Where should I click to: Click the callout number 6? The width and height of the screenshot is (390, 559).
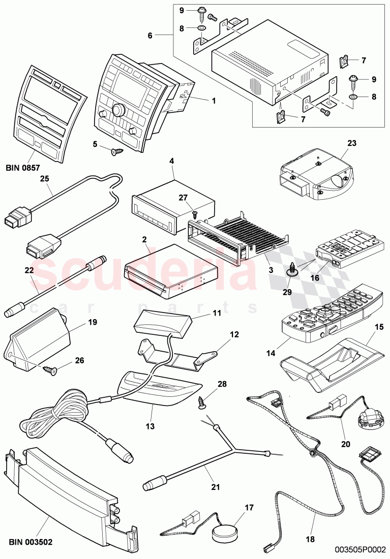(150, 36)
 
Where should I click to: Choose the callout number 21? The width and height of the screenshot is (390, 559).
(216, 487)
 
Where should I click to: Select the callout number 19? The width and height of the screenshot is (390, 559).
(92, 322)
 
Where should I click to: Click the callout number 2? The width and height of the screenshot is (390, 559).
(145, 239)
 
